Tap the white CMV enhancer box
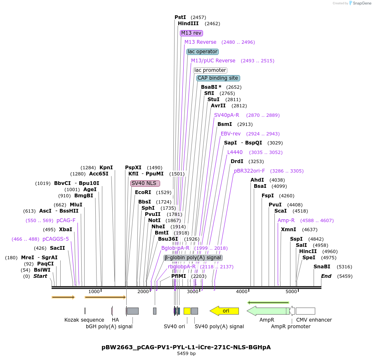(305, 311)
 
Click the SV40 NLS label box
(145, 183)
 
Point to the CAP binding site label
(218, 78)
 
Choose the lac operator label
(202, 52)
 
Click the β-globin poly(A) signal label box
(193, 258)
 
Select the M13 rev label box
(191, 33)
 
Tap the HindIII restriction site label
(188, 24)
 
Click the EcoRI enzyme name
(142, 192)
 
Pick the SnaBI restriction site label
(322, 267)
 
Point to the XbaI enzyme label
(66, 230)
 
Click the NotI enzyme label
(154, 220)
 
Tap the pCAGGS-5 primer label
(56, 239)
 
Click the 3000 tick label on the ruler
(193, 292)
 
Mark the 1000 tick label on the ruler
(94, 292)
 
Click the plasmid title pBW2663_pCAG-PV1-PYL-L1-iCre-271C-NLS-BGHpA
(186, 347)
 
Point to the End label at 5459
(326, 276)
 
